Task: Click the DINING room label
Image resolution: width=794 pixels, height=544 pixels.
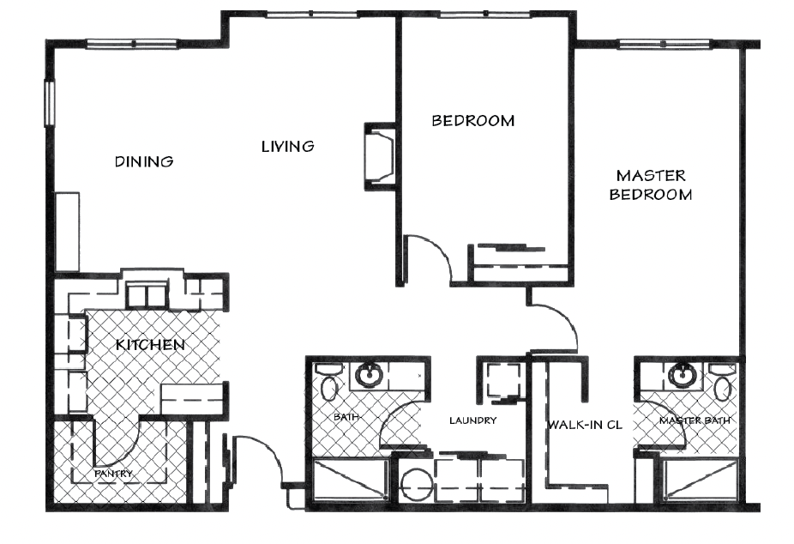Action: [144, 161]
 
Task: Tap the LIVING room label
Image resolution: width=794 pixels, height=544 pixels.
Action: [287, 147]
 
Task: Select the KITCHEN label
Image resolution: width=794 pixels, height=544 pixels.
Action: [150, 345]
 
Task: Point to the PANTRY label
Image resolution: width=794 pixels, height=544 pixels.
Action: [113, 474]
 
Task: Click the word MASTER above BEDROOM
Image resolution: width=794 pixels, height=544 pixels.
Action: [651, 176]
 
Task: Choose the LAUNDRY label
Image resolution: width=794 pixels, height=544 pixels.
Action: [473, 420]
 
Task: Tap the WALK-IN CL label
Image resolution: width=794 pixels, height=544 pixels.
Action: [585, 425]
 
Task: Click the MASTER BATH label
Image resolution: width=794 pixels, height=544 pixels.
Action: [695, 420]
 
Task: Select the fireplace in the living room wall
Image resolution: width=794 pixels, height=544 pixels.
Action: [380, 156]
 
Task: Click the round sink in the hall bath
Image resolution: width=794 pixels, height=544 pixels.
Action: [369, 375]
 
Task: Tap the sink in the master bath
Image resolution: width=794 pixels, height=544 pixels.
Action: [682, 375]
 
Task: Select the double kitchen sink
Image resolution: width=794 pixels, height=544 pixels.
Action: [147, 295]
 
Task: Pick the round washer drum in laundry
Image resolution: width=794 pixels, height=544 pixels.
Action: [416, 486]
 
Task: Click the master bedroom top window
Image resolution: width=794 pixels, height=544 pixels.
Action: [665, 44]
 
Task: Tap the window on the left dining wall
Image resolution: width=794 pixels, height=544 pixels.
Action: [49, 103]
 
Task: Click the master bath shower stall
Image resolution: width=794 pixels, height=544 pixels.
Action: [700, 481]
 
